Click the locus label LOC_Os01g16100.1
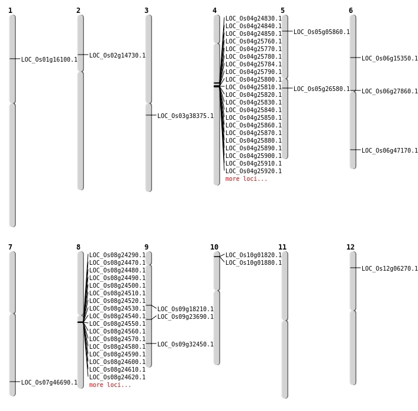[49, 59]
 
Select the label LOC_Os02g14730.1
[117, 55]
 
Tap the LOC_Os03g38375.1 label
[186, 116]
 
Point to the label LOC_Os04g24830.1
[254, 18]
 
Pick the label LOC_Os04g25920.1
[254, 171]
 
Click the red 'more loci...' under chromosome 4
[246, 178]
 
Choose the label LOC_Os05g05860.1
[322, 32]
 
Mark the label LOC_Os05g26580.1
[322, 89]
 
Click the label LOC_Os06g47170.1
[390, 150]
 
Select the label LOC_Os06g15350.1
[390, 58]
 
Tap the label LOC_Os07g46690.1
[49, 382]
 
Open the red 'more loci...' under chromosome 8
[110, 385]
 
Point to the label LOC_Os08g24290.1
[117, 255]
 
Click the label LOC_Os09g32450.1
[186, 344]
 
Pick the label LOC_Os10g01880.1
[254, 262]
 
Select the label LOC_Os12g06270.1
[390, 268]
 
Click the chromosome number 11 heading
[282, 247]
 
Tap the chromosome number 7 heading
[10, 247]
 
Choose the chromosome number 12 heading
[350, 247]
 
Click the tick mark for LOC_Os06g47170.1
[355, 150]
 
